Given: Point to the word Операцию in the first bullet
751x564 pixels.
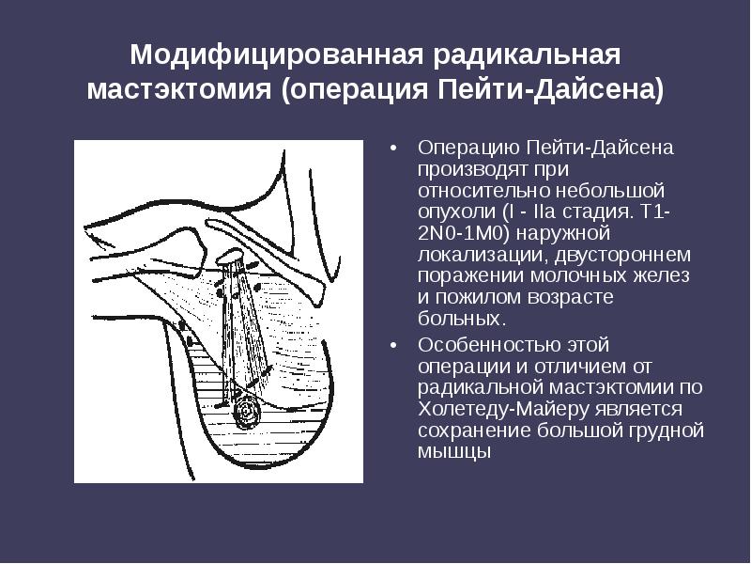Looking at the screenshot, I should (x=467, y=149).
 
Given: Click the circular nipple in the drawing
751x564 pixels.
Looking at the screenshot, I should (x=249, y=412).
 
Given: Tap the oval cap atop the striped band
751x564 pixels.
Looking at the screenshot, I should (x=230, y=255).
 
